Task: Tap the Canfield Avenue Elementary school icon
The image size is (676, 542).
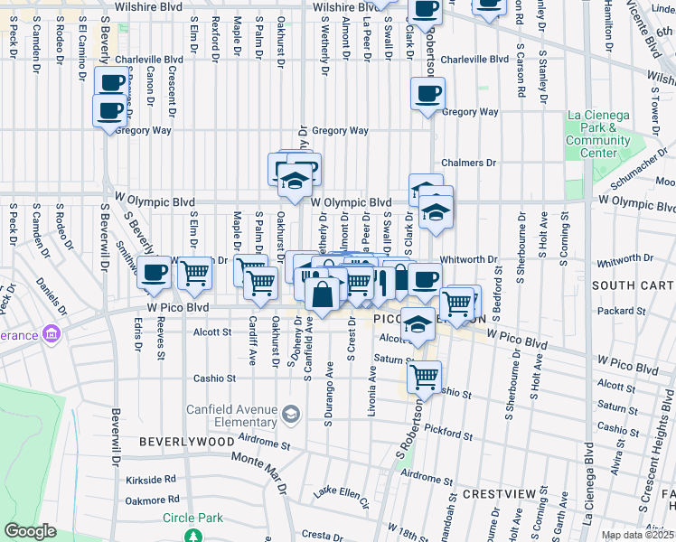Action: (290, 415)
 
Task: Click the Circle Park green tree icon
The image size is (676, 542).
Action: (192, 536)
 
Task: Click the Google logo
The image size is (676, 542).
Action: (30, 531)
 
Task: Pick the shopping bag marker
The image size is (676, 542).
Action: (323, 294)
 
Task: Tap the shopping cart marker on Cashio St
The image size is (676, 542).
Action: (423, 376)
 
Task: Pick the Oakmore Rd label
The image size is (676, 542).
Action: (150, 500)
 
